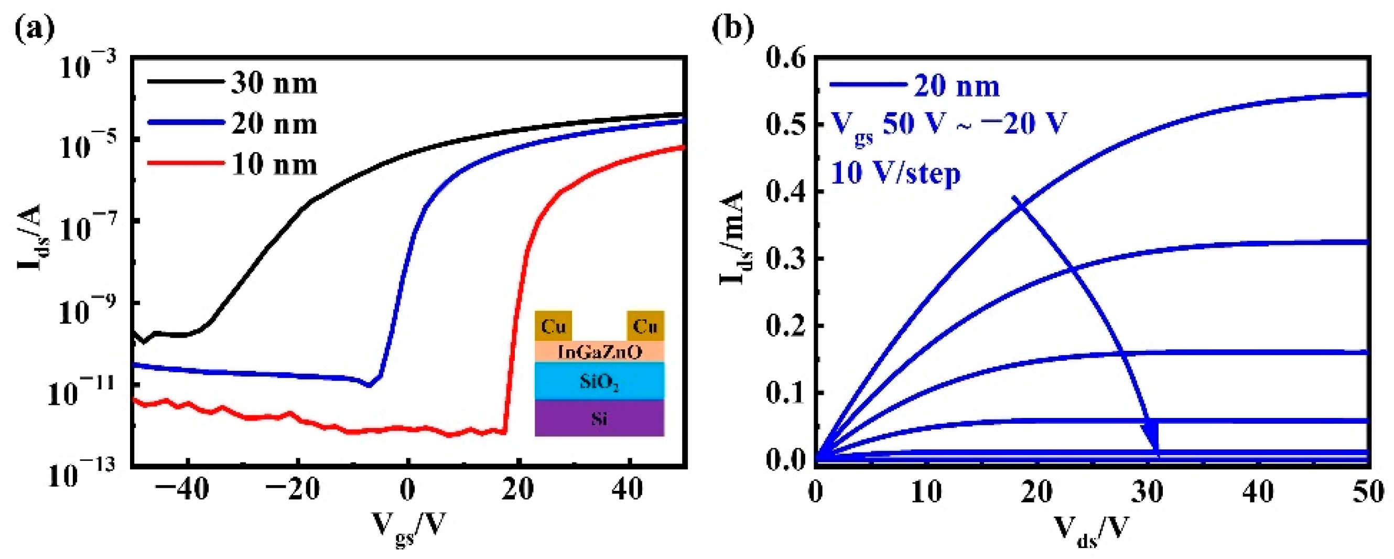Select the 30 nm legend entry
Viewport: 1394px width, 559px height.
233,84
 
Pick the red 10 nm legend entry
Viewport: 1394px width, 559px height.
233,165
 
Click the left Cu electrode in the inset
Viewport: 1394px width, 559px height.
553,326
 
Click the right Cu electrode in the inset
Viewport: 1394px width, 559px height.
645,326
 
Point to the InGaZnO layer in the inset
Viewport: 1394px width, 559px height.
599,352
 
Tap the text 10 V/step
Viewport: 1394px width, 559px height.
895,174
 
